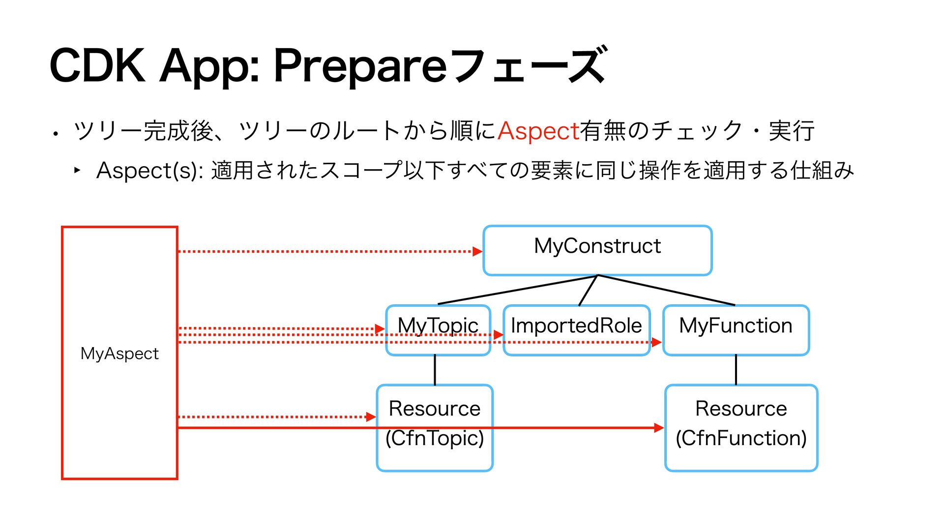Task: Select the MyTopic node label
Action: coord(438,325)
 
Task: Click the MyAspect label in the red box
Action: coord(119,354)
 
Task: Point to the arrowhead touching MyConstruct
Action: coord(477,251)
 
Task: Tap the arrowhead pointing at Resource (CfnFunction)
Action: coord(659,428)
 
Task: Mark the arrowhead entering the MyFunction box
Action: coord(657,342)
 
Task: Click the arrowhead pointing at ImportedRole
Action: coord(499,335)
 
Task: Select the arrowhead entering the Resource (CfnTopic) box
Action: coord(371,417)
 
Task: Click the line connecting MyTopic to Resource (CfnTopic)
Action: coord(435,370)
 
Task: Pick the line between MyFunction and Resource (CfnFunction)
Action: coord(736,370)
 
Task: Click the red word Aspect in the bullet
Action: coord(538,131)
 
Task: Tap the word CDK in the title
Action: coord(98,65)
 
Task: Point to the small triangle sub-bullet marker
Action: coord(77,170)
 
